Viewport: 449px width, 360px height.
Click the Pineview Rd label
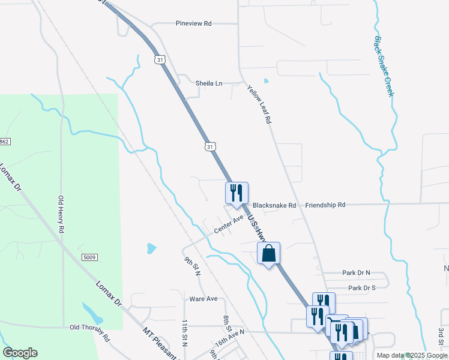click(x=194, y=23)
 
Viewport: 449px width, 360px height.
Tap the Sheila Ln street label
click(x=208, y=83)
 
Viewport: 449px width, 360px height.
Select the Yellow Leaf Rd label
click(x=259, y=104)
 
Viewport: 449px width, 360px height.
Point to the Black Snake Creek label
click(x=384, y=67)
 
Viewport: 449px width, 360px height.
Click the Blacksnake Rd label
click(x=274, y=205)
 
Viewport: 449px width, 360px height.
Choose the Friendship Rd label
click(x=325, y=205)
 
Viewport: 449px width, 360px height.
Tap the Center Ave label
click(x=228, y=225)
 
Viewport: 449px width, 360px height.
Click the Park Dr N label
click(x=357, y=273)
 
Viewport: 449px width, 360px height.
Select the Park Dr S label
click(x=361, y=288)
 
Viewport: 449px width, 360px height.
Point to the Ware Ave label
click(x=203, y=299)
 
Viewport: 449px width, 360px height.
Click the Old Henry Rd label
click(x=61, y=214)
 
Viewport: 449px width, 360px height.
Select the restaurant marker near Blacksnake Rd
click(x=237, y=193)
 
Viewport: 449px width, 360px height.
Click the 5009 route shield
click(x=90, y=257)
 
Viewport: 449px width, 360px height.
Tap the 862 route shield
click(x=5, y=141)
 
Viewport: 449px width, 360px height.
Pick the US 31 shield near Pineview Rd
click(x=159, y=60)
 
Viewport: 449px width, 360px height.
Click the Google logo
click(x=20, y=353)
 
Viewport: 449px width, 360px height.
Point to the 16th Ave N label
click(x=230, y=340)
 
